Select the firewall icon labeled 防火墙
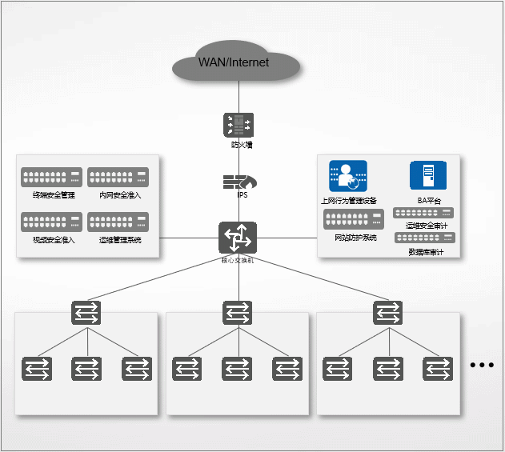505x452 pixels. [x=238, y=125]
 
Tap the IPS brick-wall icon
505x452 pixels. [x=238, y=182]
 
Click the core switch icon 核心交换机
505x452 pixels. [x=238, y=238]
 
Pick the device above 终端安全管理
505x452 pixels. [x=52, y=178]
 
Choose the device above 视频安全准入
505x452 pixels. [x=52, y=222]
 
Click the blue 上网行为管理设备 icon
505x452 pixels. [x=347, y=177]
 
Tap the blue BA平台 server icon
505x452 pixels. [x=428, y=176]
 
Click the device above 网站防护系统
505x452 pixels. [x=354, y=219]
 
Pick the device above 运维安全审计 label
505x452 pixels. [x=423, y=213]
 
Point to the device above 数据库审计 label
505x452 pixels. [x=424, y=238]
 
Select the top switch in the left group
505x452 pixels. [x=86, y=312]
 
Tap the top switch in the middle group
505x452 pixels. [x=237, y=312]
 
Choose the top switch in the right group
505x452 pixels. [x=388, y=312]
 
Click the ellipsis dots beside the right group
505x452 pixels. [x=483, y=365]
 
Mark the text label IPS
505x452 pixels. [x=242, y=195]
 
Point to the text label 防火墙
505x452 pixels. [x=242, y=146]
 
